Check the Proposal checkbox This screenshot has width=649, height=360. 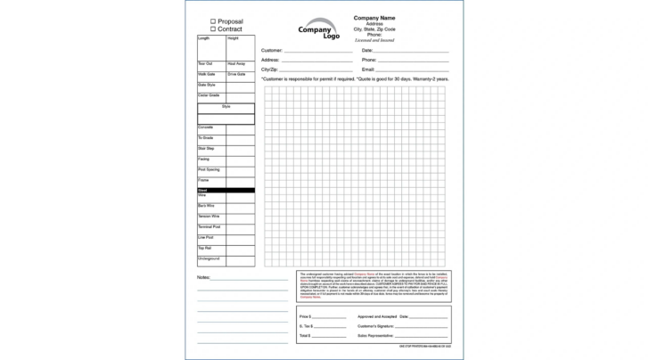[x=213, y=21]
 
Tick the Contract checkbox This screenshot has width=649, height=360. [x=213, y=29]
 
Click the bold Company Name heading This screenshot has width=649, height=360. [x=374, y=18]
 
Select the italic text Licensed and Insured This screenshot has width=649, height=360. [x=374, y=40]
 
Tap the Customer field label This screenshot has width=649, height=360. [x=272, y=51]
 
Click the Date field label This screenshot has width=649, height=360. [x=367, y=51]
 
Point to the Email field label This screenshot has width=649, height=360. [x=368, y=69]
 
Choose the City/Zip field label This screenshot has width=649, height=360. [x=270, y=69]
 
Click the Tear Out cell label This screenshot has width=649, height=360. [x=205, y=63]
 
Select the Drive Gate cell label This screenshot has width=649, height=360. [x=236, y=74]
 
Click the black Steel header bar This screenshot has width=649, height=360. [x=226, y=190]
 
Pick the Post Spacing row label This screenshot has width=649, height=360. [x=209, y=169]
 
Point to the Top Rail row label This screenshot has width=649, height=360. [x=204, y=248]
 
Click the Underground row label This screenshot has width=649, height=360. [x=209, y=258]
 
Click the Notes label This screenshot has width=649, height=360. [x=204, y=277]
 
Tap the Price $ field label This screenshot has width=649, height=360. [x=306, y=316]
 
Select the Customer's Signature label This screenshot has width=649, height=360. [x=377, y=327]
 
